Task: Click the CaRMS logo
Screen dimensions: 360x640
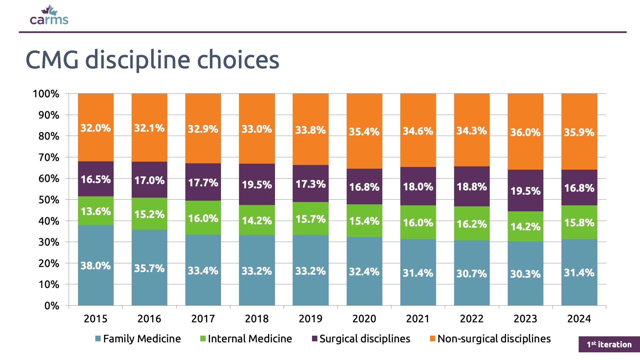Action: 49,16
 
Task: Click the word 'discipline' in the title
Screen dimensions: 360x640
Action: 138,60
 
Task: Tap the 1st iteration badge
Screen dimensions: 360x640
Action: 609,344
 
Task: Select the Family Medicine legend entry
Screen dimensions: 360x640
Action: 138,339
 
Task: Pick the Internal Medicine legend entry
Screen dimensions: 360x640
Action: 246,339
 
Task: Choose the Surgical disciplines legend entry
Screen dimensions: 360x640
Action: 361,339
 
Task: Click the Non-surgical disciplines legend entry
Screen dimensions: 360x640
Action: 490,339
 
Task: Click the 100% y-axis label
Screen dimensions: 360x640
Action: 46,94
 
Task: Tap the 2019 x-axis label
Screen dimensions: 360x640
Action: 310,319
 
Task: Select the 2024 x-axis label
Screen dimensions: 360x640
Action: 579,319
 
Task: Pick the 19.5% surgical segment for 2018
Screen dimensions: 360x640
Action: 257,184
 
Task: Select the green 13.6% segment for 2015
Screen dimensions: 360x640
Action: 96,211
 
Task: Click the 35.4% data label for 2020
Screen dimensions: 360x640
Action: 364,132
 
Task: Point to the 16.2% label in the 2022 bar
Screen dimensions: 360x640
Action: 472,224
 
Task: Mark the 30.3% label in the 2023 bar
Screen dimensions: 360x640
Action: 525,274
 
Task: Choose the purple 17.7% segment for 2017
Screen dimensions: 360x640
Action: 203,182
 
